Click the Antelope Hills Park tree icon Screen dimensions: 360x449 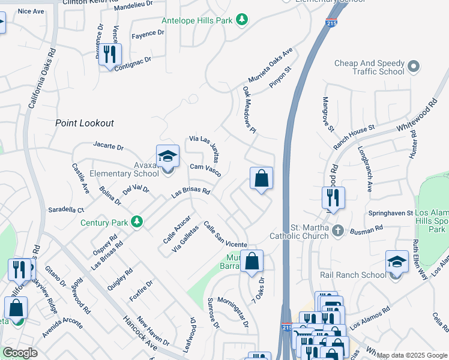pos(241,20)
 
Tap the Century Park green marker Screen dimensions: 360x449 pos(137,222)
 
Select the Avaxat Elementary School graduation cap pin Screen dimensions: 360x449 pos(167,157)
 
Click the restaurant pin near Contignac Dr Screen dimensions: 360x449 pos(110,55)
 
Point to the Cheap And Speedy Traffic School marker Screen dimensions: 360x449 pos(413,66)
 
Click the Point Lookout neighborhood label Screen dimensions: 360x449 pos(84,123)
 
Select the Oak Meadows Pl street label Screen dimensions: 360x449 pos(250,110)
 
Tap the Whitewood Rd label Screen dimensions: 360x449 pos(415,120)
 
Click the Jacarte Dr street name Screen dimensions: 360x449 pos(108,146)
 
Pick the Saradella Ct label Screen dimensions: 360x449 pos(66,210)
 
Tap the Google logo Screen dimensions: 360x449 pos(20,353)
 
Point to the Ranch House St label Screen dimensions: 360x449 pos(354,137)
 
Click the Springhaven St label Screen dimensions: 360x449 pos(391,213)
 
